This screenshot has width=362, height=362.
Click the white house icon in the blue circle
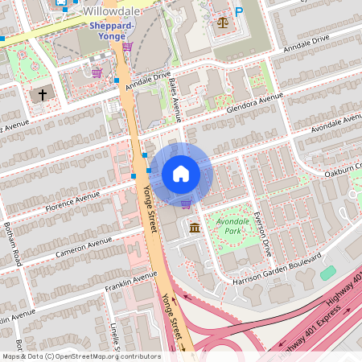coord(180,174)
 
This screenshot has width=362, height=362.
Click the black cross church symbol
coord(43,95)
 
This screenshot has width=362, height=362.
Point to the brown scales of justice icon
coord(222,22)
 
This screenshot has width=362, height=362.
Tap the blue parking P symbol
coord(238,13)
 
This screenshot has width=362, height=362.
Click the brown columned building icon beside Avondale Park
coord(195,229)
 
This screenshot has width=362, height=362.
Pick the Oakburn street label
coord(347,169)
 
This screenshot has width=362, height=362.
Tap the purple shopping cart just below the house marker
coord(187,204)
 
